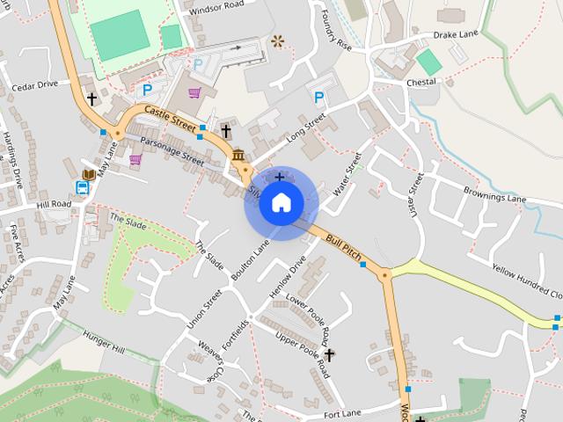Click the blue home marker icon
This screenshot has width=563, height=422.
click(281, 203)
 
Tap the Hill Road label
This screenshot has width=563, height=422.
click(54, 204)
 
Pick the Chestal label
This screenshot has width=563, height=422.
click(420, 83)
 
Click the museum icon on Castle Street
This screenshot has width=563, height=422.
click(239, 156)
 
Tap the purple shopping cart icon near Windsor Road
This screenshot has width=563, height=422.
click(194, 92)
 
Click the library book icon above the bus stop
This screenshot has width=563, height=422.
click(88, 174)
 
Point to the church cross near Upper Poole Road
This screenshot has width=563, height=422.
click(330, 355)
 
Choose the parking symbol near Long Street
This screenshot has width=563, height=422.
click(318, 97)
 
